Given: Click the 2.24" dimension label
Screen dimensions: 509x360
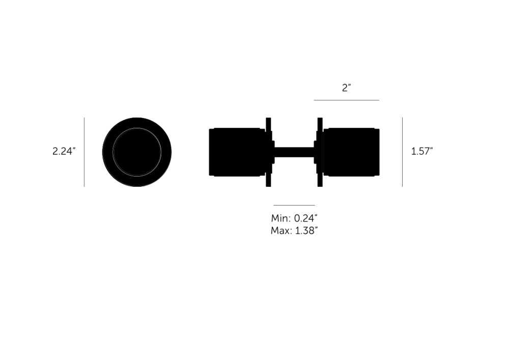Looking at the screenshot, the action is [64, 151].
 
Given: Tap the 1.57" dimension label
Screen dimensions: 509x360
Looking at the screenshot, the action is [422, 151].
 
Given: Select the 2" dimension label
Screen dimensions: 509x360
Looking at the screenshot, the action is [347, 88].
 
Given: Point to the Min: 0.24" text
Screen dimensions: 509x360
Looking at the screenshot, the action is [294, 218].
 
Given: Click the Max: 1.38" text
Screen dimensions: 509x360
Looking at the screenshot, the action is [294, 231].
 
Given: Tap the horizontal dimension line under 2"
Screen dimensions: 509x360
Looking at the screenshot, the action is [346, 100].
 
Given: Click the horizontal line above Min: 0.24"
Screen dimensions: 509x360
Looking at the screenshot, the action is [294, 205].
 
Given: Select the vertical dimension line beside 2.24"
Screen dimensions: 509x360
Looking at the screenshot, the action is [84, 152].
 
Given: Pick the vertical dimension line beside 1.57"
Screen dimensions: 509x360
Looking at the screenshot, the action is [403, 152].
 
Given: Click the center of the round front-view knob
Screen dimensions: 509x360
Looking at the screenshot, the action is [137, 152].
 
